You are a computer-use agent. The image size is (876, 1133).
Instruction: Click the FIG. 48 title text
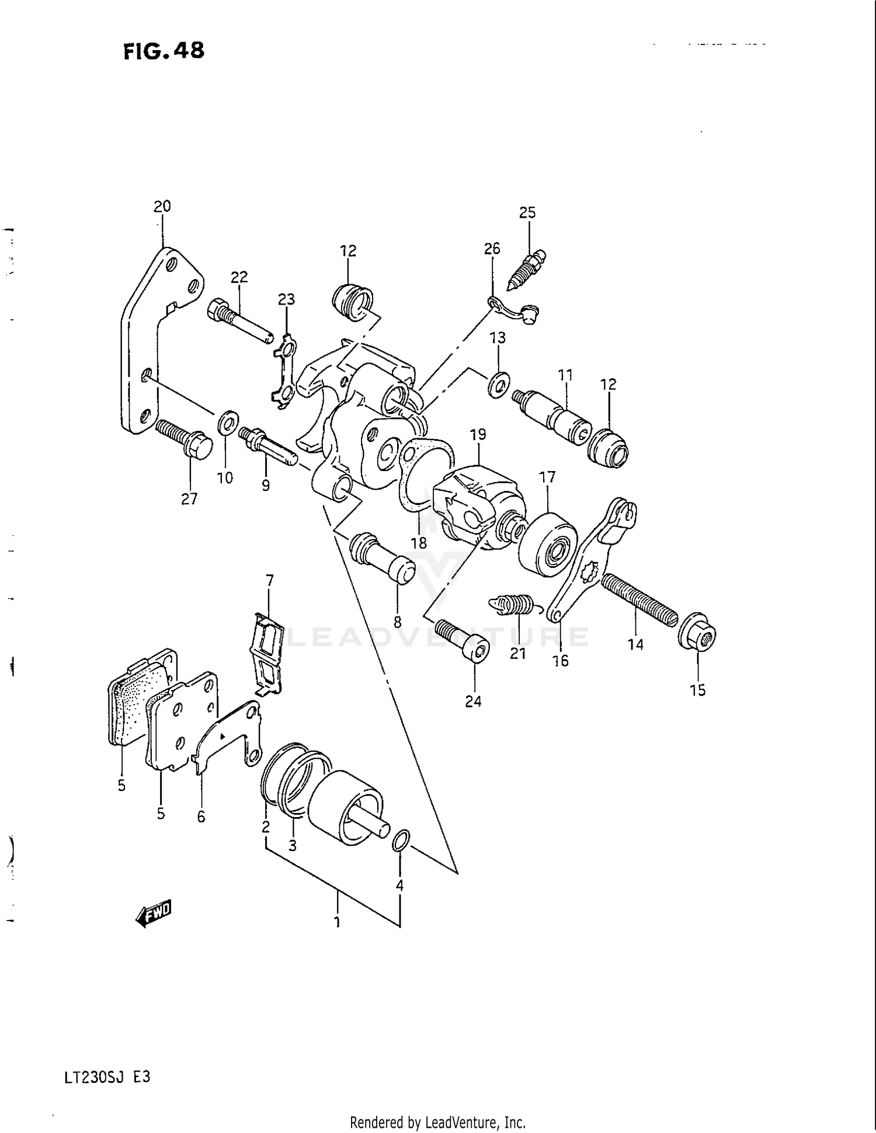[x=164, y=51]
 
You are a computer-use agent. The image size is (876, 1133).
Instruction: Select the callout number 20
[x=162, y=206]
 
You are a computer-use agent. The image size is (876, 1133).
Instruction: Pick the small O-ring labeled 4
[x=401, y=841]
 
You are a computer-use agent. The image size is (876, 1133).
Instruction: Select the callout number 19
[x=478, y=434]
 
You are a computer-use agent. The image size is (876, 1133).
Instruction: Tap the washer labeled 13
[x=498, y=385]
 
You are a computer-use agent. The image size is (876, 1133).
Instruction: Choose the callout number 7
[x=269, y=581]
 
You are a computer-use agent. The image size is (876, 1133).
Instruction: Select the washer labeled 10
[x=227, y=423]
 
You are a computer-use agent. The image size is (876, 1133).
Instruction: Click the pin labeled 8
[x=383, y=557]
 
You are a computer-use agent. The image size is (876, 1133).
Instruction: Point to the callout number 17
[x=547, y=477]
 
